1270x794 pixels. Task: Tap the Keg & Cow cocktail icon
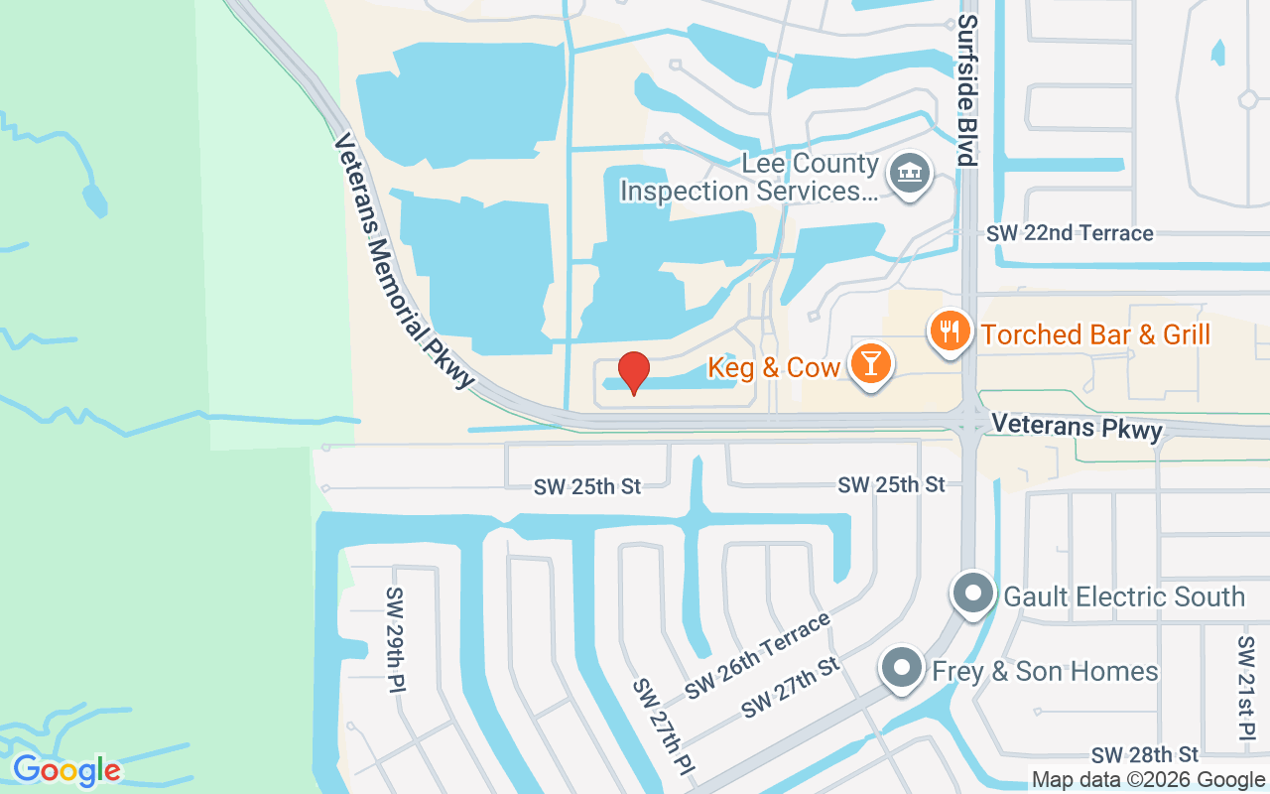click(x=870, y=364)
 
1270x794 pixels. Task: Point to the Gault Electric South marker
click(x=972, y=595)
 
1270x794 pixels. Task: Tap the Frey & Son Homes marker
click(x=901, y=669)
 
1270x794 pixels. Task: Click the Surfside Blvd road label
click(x=968, y=89)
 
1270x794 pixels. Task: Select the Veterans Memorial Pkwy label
click(x=404, y=260)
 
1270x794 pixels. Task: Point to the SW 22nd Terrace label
click(x=1070, y=233)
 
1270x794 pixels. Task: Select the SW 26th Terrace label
click(x=757, y=656)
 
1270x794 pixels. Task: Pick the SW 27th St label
click(x=791, y=687)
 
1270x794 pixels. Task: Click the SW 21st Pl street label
click(x=1246, y=687)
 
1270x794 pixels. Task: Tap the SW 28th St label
click(x=1145, y=755)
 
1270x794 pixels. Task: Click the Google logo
click(x=66, y=770)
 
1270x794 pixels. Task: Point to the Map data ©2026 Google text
click(x=1148, y=780)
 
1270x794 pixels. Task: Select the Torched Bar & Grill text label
click(x=1095, y=334)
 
